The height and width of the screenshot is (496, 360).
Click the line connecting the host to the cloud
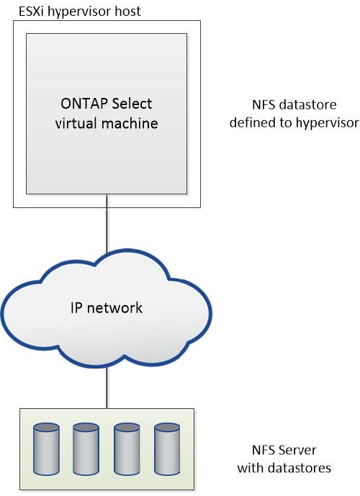(107, 230)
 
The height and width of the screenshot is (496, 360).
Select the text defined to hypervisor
(294, 123)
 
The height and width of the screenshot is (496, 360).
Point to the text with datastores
(286, 468)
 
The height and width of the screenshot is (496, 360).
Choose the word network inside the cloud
(117, 308)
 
